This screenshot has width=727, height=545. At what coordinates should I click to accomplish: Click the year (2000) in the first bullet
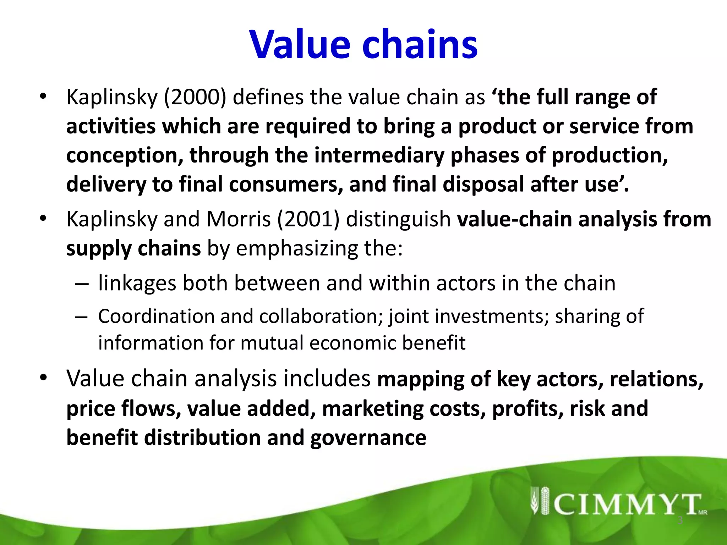pyautogui.click(x=195, y=97)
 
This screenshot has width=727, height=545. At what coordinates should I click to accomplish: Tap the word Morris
pyautogui.click(x=239, y=219)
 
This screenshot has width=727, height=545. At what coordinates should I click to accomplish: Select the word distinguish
pyautogui.click(x=398, y=219)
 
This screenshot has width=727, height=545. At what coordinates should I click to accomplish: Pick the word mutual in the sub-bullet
pyautogui.click(x=272, y=343)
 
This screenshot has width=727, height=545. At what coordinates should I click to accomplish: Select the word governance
pyautogui.click(x=368, y=438)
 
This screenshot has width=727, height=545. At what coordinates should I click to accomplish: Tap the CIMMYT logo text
pyautogui.click(x=627, y=504)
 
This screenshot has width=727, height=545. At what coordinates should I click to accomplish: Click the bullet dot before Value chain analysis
pyautogui.click(x=43, y=378)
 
